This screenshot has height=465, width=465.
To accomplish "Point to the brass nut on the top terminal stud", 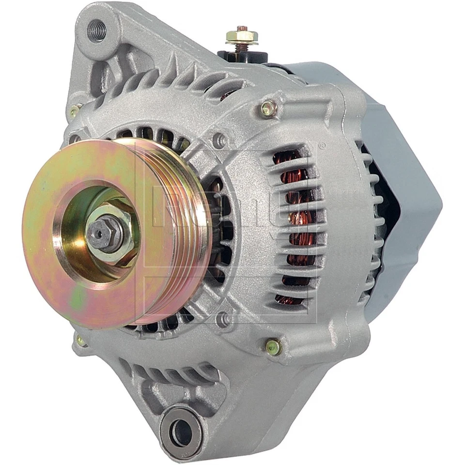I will tap(242, 36).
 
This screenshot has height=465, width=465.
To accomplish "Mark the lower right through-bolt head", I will tap(273, 346).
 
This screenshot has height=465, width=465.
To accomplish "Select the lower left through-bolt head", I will tap(80, 341).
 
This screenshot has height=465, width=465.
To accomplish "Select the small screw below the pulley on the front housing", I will tap(222, 318).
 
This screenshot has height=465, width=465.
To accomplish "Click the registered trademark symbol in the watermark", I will tap(321, 145).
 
